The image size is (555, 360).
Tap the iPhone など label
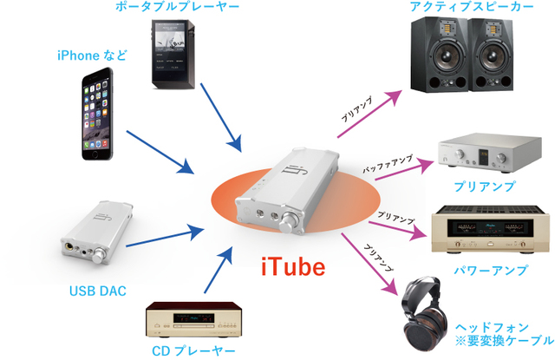(x=92, y=56)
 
